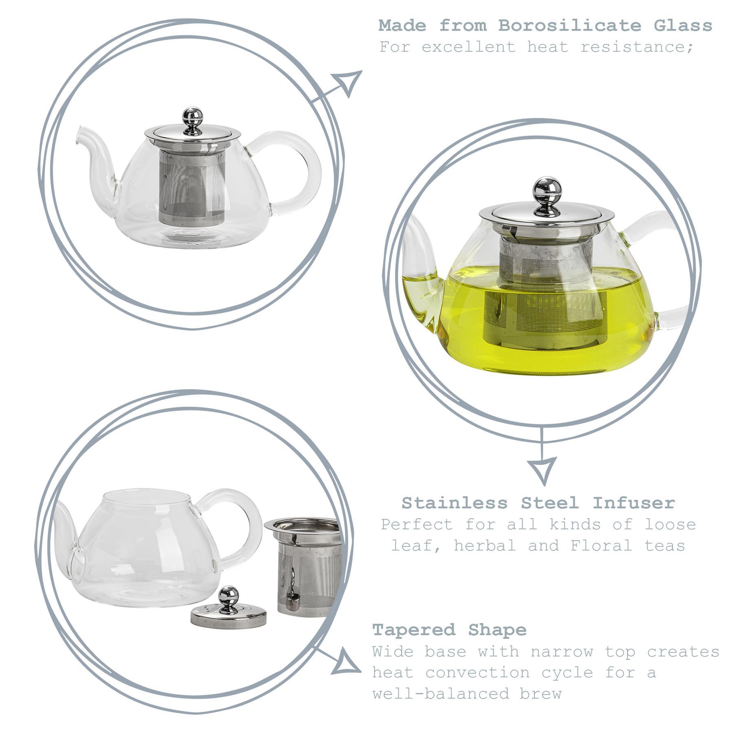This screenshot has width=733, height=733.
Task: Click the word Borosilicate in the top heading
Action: [570, 26]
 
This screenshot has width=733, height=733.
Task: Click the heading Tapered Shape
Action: [449, 630]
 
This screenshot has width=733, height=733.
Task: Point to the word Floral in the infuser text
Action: [601, 545]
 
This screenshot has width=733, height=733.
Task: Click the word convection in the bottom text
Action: [478, 672]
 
